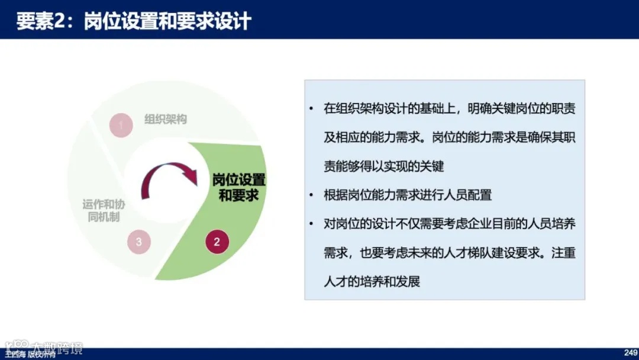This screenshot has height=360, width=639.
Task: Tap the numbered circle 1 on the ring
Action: click(x=121, y=125)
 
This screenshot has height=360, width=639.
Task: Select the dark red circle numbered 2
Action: click(x=217, y=242)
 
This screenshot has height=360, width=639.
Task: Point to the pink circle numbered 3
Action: click(x=138, y=242)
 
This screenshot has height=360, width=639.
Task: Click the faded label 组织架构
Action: click(x=166, y=119)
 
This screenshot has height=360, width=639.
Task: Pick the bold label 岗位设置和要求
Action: click(x=239, y=187)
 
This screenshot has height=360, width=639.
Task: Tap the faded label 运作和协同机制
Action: click(x=104, y=210)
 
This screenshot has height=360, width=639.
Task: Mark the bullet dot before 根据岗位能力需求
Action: click(x=311, y=195)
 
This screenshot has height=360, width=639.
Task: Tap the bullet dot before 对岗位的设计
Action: click(x=311, y=224)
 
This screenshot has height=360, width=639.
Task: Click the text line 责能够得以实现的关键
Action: click(x=383, y=166)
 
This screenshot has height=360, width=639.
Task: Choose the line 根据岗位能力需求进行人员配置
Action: click(x=408, y=195)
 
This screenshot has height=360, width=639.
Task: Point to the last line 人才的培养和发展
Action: click(x=372, y=281)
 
